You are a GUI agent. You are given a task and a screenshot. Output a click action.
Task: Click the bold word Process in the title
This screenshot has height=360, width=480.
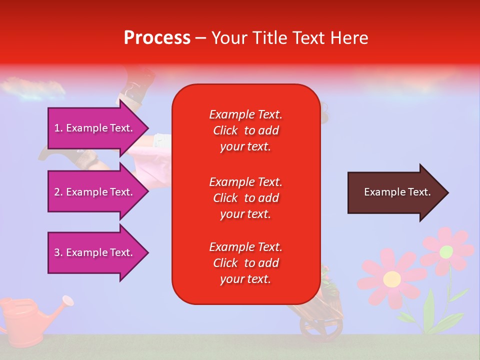tap(157, 38)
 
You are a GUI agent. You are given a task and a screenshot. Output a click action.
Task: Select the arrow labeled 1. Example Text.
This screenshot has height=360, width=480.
tap(95, 128)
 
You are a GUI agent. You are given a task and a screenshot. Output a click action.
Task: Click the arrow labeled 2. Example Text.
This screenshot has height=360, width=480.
tap(95, 192)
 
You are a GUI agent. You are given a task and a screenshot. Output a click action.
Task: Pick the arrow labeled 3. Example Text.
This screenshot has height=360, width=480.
tap(95, 252)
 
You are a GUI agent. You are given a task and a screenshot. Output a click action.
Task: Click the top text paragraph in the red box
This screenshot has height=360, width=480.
tap(245, 130)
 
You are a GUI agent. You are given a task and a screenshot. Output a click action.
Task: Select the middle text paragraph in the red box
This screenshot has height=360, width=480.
tap(245, 198)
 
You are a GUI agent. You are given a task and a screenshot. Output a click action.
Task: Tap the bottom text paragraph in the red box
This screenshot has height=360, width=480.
tap(245, 263)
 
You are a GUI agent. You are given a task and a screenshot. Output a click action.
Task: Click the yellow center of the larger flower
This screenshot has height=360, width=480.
tap(392, 278)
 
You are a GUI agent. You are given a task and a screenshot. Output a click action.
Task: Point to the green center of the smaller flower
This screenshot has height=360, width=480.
tap(446, 251)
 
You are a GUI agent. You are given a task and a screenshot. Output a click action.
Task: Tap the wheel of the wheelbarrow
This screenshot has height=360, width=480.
tap(320, 327)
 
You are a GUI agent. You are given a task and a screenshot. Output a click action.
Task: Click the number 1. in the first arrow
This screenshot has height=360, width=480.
tap(58, 128)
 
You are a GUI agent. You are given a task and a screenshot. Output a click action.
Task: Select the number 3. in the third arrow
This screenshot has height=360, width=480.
tap(58, 252)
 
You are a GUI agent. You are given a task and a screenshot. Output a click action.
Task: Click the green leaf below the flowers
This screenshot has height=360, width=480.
tap(429, 305)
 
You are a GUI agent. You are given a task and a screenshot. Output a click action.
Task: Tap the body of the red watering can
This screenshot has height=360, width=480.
tap(20, 320)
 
